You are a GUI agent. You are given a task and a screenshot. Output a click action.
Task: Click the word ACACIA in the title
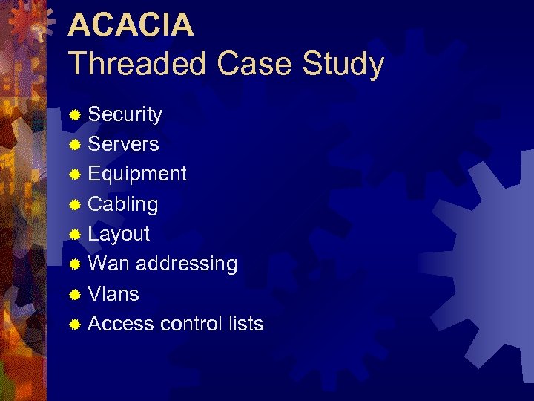[x=131, y=25]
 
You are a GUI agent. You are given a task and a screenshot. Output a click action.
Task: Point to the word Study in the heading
[x=343, y=65]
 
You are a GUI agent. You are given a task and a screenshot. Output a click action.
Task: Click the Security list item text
[x=125, y=114]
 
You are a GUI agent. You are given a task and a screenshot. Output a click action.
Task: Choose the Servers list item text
[x=123, y=144]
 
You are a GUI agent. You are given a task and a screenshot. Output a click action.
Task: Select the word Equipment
[x=137, y=175]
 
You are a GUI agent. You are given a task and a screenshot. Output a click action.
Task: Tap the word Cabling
[x=122, y=204]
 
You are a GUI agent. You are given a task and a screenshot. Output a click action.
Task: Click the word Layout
[x=119, y=235]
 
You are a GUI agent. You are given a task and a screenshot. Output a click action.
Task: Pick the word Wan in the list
[x=109, y=264]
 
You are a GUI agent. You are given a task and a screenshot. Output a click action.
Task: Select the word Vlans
[x=113, y=294]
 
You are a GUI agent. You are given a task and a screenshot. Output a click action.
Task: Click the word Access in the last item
[x=121, y=324]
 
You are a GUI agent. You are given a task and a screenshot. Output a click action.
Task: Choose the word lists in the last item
[x=245, y=324]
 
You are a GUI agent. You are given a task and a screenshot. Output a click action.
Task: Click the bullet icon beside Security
[x=74, y=115]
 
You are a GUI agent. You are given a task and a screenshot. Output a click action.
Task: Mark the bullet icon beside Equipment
[x=74, y=175]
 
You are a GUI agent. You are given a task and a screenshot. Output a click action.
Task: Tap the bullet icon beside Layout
[x=74, y=235]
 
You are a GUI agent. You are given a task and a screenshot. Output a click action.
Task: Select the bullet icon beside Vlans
[x=74, y=295]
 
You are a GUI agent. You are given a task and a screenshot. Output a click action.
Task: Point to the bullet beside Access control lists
[x=74, y=325]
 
